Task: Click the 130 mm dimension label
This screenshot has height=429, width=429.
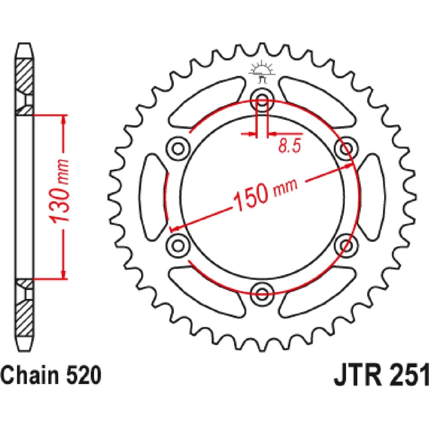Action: [x=60, y=190]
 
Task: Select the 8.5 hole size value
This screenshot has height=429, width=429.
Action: [x=290, y=145]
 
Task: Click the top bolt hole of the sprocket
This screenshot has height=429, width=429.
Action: [x=262, y=99]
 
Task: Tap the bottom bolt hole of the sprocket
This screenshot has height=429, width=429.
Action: [x=262, y=293]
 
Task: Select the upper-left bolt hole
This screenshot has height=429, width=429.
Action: [x=178, y=149]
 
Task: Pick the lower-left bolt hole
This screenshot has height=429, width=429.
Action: [x=178, y=244]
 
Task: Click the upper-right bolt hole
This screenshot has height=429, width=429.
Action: [x=346, y=149]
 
